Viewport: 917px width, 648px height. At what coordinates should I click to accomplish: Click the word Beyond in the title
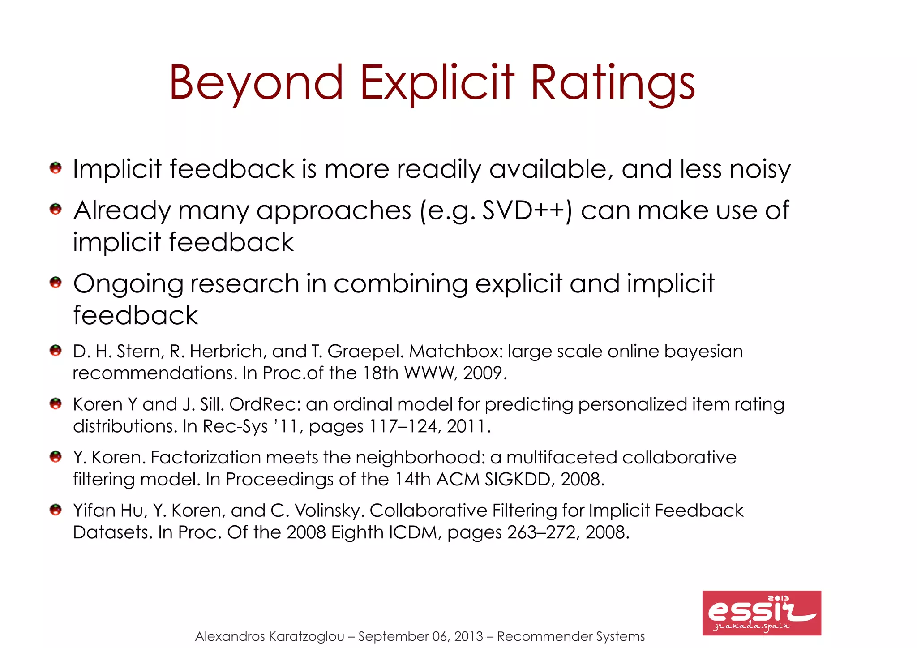pyautogui.click(x=256, y=83)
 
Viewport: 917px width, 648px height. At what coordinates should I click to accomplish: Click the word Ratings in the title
pyautogui.click(x=613, y=83)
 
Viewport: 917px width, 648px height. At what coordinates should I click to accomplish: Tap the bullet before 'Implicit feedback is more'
pyautogui.click(x=56, y=168)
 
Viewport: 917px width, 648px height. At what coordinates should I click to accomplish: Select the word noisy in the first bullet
pyautogui.click(x=760, y=169)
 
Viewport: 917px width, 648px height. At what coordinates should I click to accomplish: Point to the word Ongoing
pyautogui.click(x=128, y=284)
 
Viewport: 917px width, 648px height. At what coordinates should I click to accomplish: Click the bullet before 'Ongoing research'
pyautogui.click(x=56, y=283)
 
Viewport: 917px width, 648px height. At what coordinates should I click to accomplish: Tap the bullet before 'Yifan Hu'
pyautogui.click(x=56, y=510)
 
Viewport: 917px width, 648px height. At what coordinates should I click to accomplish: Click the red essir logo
pyautogui.click(x=761, y=613)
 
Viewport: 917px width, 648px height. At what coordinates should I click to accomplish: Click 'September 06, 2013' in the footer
pyautogui.click(x=420, y=636)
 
